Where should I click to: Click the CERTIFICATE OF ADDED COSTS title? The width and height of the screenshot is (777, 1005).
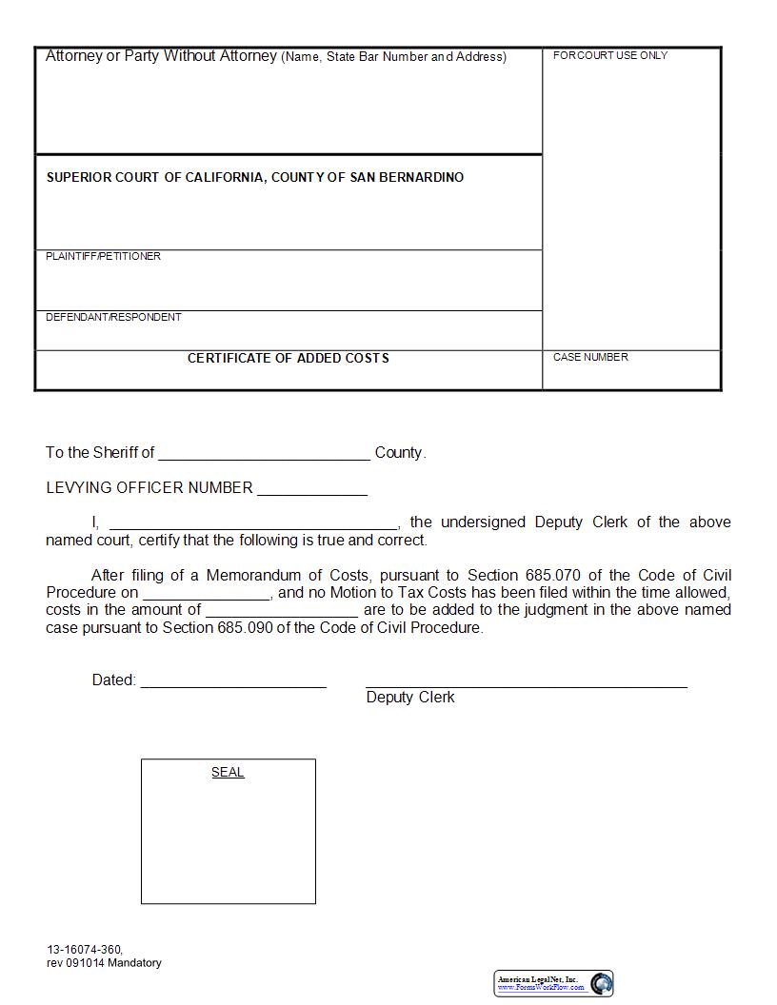(288, 358)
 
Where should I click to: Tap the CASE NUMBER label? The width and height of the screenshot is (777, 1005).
(590, 357)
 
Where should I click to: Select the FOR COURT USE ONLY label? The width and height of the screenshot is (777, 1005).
(609, 55)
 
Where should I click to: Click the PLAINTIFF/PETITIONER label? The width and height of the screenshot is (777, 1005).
(103, 256)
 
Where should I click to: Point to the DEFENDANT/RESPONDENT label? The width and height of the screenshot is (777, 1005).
(113, 317)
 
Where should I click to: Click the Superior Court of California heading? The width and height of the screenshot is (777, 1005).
(254, 177)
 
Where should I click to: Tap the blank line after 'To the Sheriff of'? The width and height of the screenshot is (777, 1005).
(264, 454)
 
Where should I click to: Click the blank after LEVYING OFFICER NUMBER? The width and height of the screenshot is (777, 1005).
(311, 489)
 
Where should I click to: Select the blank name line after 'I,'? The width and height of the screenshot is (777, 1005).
(253, 522)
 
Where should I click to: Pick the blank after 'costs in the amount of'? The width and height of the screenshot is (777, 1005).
(281, 610)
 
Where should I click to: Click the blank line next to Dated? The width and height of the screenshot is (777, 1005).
(233, 681)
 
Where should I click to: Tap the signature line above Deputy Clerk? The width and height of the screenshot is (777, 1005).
(526, 681)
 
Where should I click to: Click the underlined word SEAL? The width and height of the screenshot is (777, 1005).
(228, 772)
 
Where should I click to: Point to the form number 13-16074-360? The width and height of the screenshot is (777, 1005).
(84, 950)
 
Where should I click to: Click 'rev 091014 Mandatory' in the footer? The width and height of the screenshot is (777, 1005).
(104, 962)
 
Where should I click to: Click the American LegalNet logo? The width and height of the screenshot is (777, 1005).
(553, 983)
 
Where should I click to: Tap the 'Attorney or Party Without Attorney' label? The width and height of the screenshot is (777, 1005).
(161, 56)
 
